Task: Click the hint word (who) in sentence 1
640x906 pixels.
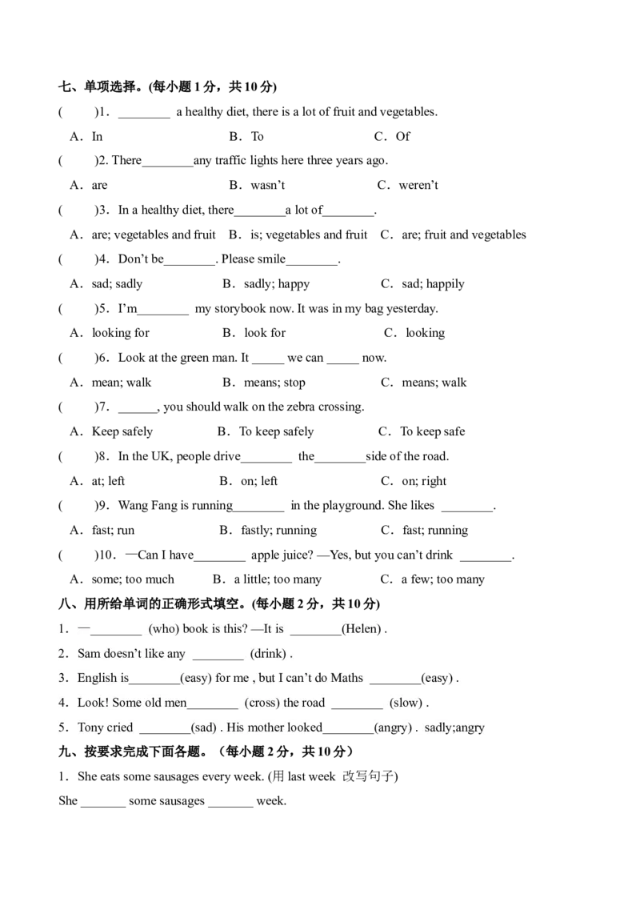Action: click(164, 629)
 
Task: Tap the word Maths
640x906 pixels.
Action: click(347, 679)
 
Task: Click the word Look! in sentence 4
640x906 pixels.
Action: click(93, 704)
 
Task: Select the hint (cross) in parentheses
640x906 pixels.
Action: click(262, 704)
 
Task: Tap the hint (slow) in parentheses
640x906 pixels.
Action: click(406, 704)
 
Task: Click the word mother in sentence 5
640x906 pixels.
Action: click(267, 728)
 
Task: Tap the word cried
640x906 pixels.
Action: click(120, 728)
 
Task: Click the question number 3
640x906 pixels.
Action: click(62, 679)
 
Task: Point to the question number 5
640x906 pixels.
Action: click(62, 728)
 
